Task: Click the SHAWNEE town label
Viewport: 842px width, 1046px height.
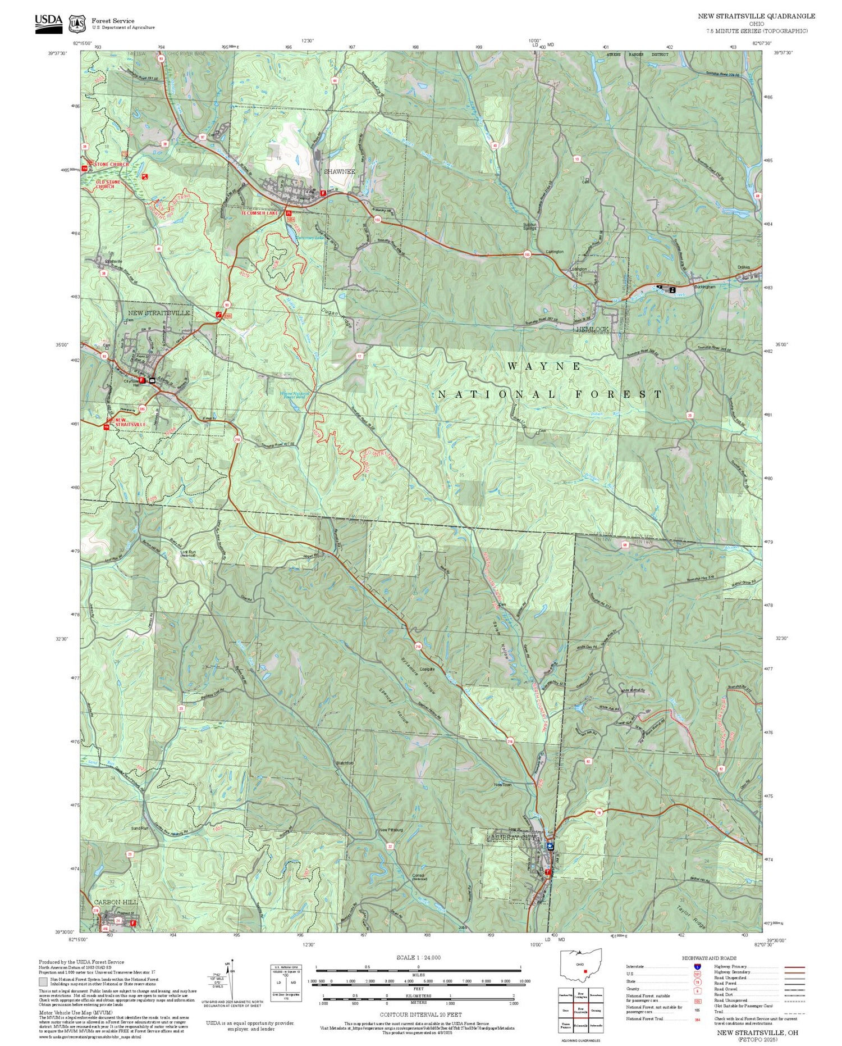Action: pyautogui.click(x=339, y=171)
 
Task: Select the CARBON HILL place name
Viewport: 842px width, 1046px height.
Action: pyautogui.click(x=116, y=902)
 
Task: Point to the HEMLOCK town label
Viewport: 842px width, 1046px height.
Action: pyautogui.click(x=592, y=329)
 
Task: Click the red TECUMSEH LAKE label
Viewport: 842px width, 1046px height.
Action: pyautogui.click(x=260, y=213)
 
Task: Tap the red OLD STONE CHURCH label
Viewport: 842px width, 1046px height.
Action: pyautogui.click(x=104, y=184)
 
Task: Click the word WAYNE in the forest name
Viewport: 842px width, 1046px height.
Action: pyautogui.click(x=544, y=366)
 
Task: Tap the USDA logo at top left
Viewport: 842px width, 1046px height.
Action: pyautogui.click(x=49, y=22)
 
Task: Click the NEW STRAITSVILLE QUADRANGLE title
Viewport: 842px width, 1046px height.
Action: pyautogui.click(x=756, y=16)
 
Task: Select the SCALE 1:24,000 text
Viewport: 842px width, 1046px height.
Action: pyautogui.click(x=418, y=957)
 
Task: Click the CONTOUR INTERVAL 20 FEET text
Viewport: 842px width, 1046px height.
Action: pyautogui.click(x=420, y=1015)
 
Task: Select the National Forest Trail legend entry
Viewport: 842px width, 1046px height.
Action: pyautogui.click(x=647, y=1018)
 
